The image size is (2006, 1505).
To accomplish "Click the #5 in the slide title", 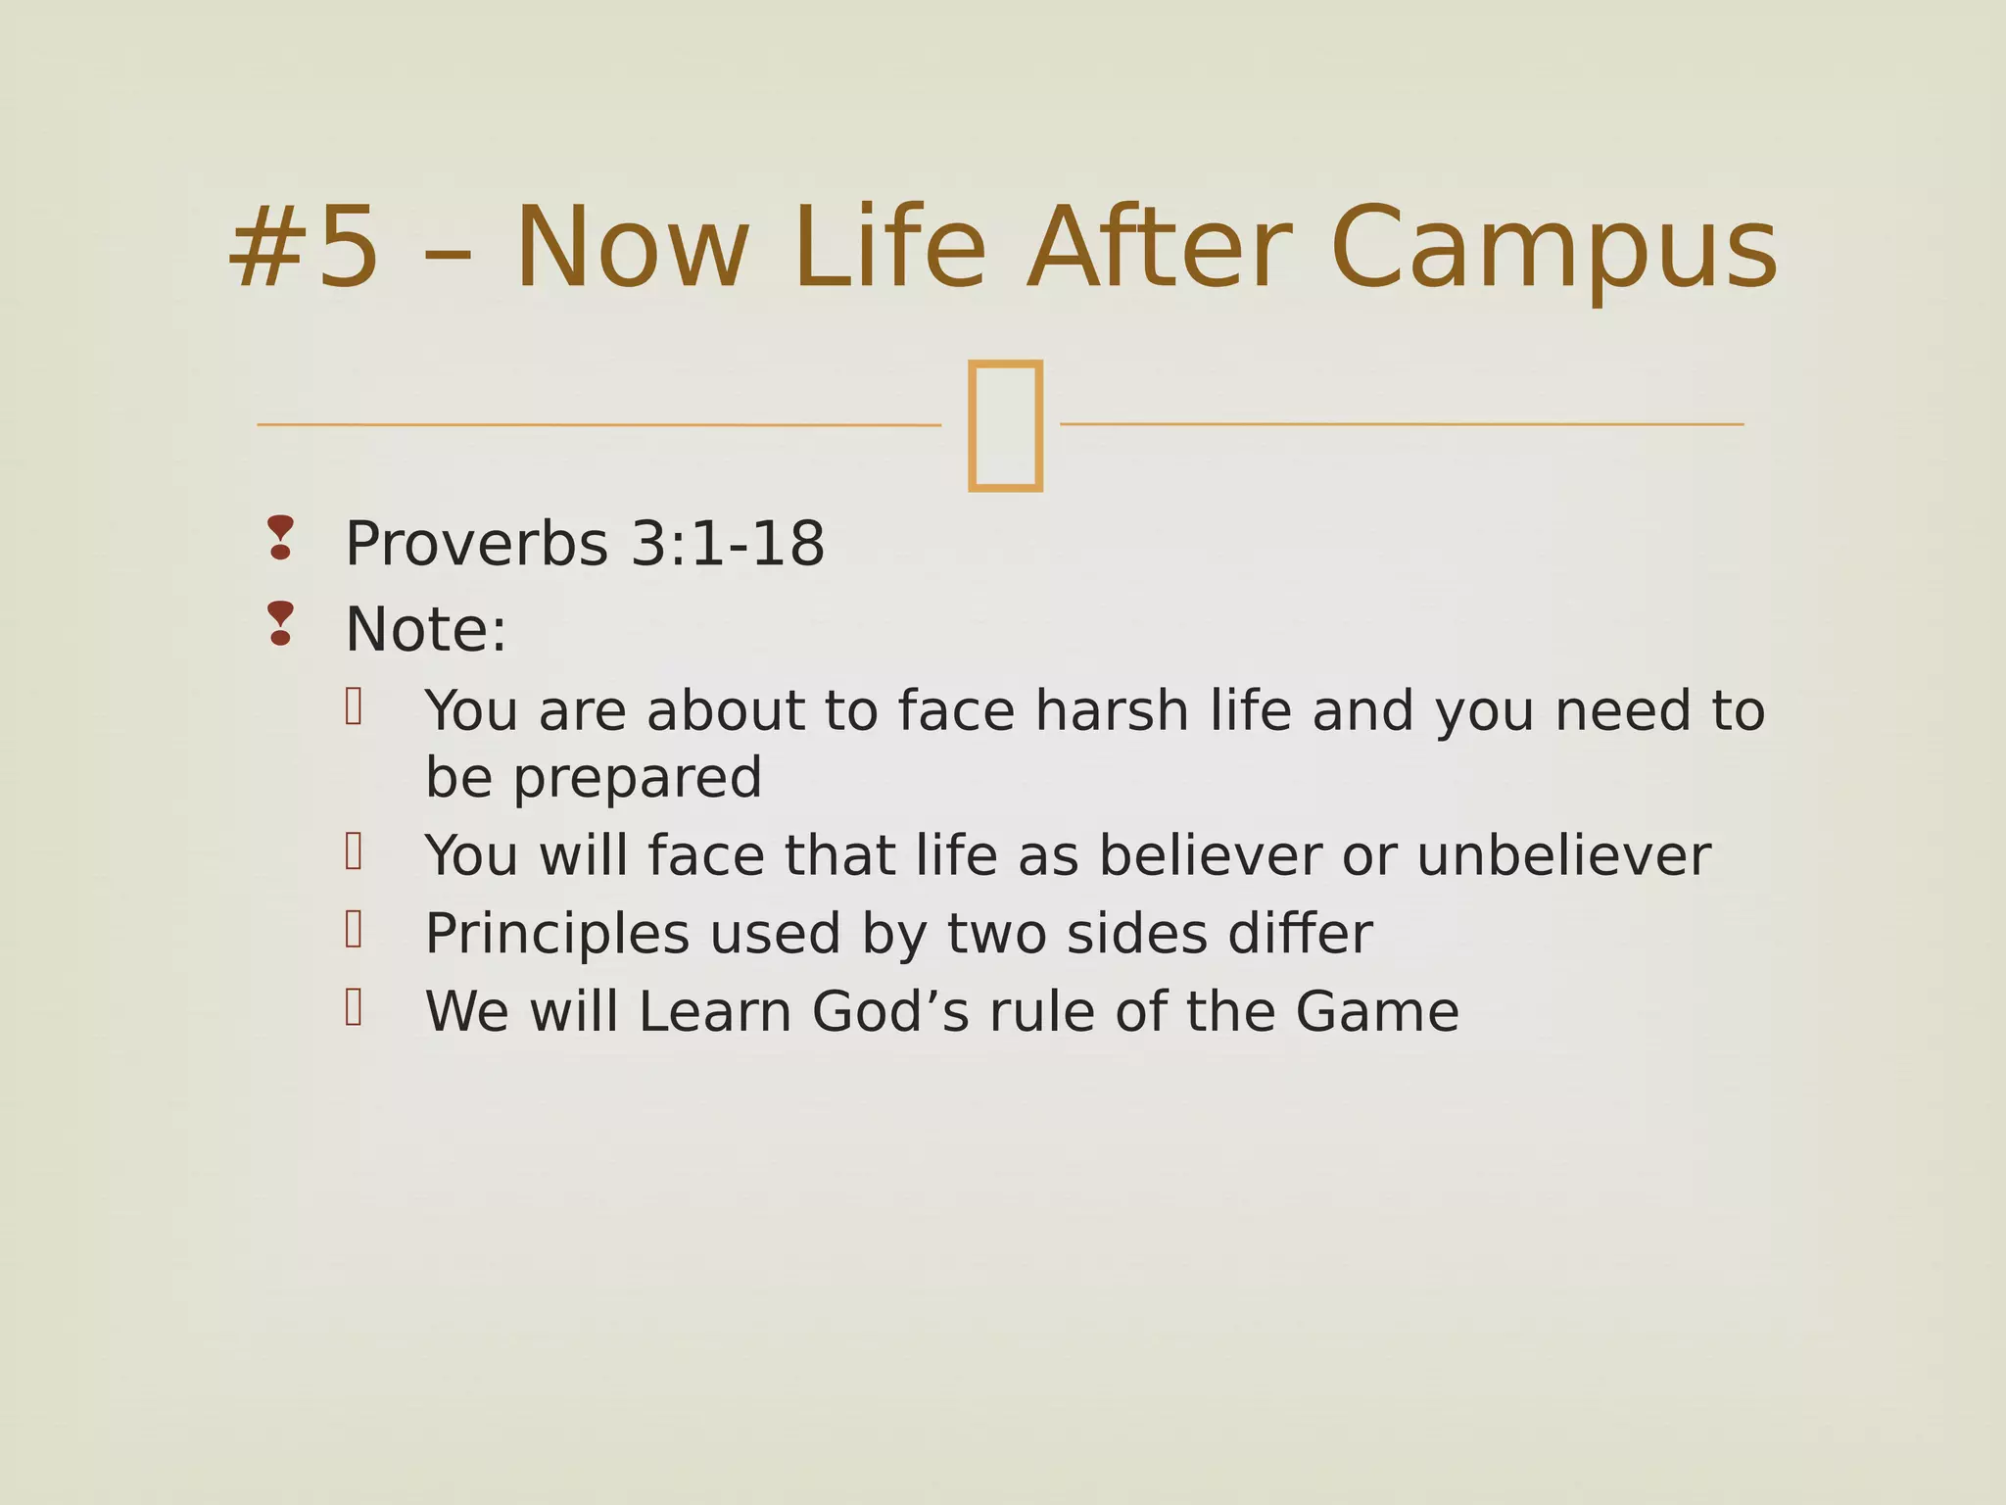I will click(x=304, y=247).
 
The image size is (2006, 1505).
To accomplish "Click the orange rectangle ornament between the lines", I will click(x=1004, y=424).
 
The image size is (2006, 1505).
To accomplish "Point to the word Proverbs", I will click(x=476, y=544).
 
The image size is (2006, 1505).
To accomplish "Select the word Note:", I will click(x=426, y=629).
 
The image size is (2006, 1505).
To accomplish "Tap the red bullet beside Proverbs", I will click(x=280, y=538).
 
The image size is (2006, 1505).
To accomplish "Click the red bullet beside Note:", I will click(x=280, y=623).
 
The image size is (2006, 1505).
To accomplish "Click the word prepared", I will click(x=637, y=779).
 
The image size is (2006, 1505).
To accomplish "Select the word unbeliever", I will click(x=1563, y=855).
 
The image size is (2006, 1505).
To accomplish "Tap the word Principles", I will click(x=556, y=934).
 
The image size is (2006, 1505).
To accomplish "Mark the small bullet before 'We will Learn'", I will click(x=354, y=1006).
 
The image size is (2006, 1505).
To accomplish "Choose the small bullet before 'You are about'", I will click(x=354, y=705).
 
